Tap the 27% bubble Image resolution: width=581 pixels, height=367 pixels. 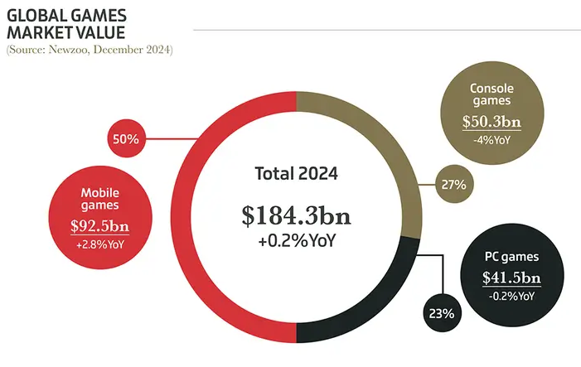[453, 183]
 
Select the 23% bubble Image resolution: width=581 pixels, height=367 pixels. [442, 313]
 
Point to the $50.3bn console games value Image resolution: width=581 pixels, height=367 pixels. [491, 123]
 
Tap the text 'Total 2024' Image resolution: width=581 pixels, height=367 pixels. [296, 174]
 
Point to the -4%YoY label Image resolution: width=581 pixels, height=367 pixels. [491, 140]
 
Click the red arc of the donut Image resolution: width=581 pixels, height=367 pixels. [184, 215]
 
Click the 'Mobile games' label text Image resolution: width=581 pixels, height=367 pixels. [100, 199]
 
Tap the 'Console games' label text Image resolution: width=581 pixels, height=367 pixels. [491, 95]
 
